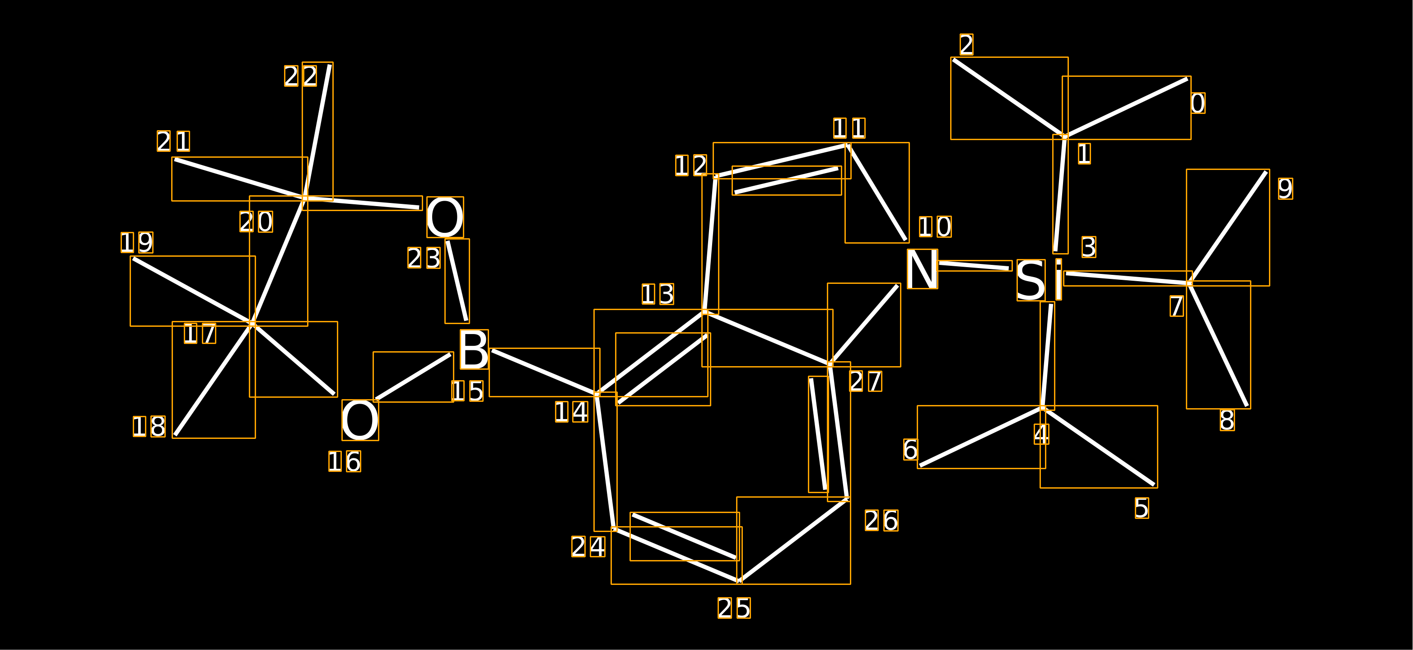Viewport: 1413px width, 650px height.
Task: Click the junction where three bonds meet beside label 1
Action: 1065,136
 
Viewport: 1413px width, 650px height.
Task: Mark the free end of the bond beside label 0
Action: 1188,79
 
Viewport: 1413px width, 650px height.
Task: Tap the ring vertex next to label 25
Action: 739,581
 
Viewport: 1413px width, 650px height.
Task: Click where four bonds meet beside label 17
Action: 252,324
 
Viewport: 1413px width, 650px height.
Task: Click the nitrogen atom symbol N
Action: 922,269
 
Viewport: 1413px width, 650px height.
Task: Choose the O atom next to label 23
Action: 445,217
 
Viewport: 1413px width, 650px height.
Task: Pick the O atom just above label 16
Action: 360,420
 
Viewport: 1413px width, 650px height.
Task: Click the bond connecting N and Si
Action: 974,266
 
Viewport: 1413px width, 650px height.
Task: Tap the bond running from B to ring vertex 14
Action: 544,372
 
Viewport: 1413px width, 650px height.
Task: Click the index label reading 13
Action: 658,294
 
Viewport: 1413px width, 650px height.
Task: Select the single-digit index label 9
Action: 1285,188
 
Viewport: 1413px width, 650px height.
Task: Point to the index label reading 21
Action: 173,141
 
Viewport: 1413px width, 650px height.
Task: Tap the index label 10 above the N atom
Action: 935,226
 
